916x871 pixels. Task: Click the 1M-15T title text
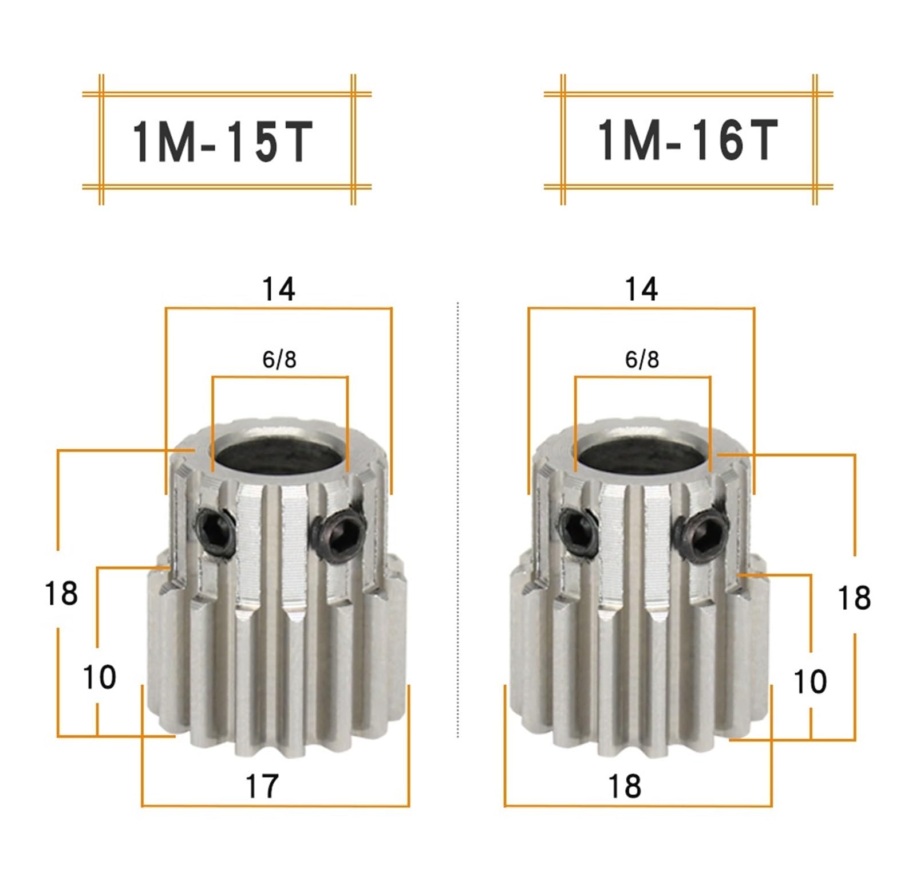[222, 142]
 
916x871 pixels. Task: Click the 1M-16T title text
[687, 140]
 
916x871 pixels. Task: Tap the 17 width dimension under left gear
[262, 786]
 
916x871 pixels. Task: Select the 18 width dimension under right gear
[624, 786]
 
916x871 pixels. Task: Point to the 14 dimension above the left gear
[278, 289]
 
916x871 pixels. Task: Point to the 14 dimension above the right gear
[641, 289]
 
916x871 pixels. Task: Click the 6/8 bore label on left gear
[279, 359]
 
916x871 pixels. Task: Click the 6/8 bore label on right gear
[642, 359]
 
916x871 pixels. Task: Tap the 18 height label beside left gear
[61, 593]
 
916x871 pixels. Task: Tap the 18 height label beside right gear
[854, 598]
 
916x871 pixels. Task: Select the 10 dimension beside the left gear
[100, 677]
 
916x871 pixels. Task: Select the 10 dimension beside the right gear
[810, 681]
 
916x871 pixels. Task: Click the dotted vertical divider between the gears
[458, 516]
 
